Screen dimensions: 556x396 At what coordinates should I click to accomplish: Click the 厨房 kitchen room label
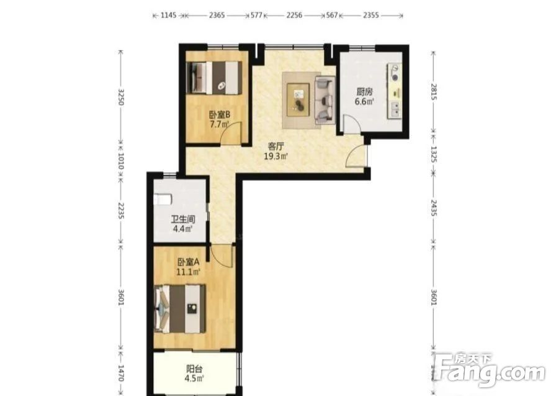(x=364, y=92)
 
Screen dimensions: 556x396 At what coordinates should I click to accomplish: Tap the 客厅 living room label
(x=276, y=146)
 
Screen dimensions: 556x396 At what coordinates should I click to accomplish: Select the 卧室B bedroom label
(x=220, y=115)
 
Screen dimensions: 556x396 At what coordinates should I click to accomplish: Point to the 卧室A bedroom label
(x=189, y=262)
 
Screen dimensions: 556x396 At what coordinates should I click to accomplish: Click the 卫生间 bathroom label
(x=183, y=219)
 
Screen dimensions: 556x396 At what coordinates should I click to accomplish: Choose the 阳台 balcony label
(x=194, y=369)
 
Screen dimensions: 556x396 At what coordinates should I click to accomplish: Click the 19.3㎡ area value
(x=276, y=156)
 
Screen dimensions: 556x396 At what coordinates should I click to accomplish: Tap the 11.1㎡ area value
(x=189, y=272)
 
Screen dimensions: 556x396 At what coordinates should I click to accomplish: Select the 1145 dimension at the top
(x=168, y=16)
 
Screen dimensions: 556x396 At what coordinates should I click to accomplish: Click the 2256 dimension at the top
(x=294, y=16)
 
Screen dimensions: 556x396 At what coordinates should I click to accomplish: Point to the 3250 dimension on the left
(x=121, y=97)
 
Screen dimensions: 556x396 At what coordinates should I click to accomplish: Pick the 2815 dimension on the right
(x=433, y=91)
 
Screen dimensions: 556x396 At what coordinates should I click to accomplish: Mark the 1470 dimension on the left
(x=121, y=373)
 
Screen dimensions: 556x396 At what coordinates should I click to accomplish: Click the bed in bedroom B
(x=214, y=78)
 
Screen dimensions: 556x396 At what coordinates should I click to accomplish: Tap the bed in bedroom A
(x=180, y=308)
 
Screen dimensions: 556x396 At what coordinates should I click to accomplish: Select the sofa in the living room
(x=325, y=100)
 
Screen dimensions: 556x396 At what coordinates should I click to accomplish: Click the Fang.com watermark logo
(x=490, y=371)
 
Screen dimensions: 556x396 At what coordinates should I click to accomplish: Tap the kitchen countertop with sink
(x=395, y=91)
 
